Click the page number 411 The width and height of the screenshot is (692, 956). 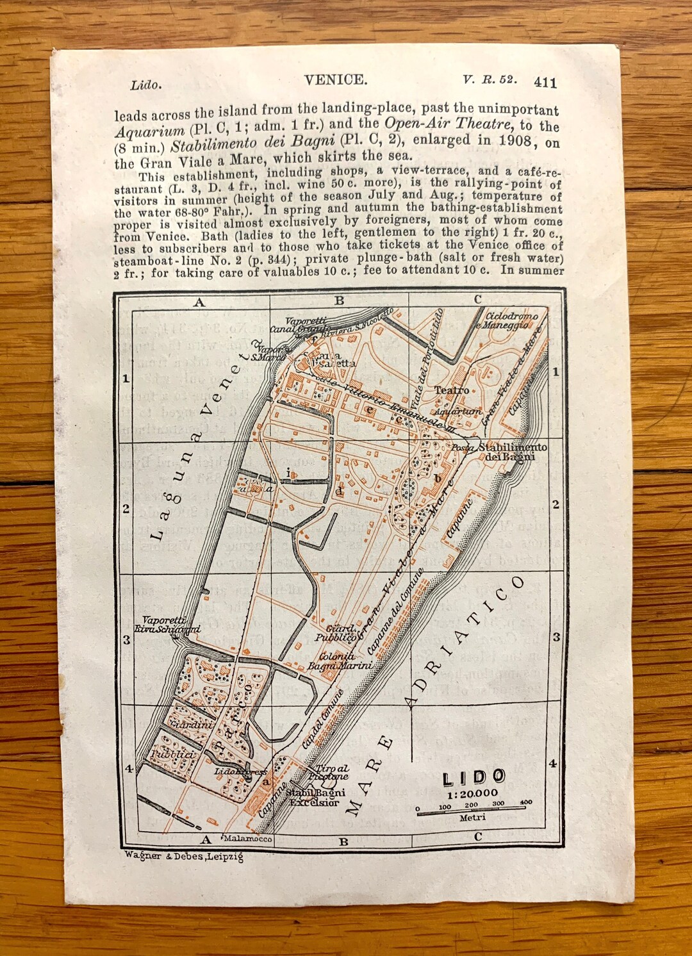pyautogui.click(x=545, y=82)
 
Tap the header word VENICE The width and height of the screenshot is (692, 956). pyautogui.click(x=335, y=80)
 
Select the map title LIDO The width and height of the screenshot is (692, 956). pyautogui.click(x=474, y=778)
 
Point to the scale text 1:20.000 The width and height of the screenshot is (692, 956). pyautogui.click(x=472, y=793)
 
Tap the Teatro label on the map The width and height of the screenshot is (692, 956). pyautogui.click(x=451, y=390)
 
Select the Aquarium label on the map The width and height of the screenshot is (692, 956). pyautogui.click(x=457, y=411)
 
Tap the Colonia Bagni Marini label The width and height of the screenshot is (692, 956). pyautogui.click(x=340, y=661)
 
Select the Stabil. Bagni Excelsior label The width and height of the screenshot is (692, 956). pyautogui.click(x=315, y=798)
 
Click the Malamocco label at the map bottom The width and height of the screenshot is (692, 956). pyautogui.click(x=247, y=839)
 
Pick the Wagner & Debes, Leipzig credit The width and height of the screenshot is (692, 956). pyautogui.click(x=184, y=855)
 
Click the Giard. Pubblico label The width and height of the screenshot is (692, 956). pyautogui.click(x=335, y=633)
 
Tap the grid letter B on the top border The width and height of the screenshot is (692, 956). pyautogui.click(x=340, y=301)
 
